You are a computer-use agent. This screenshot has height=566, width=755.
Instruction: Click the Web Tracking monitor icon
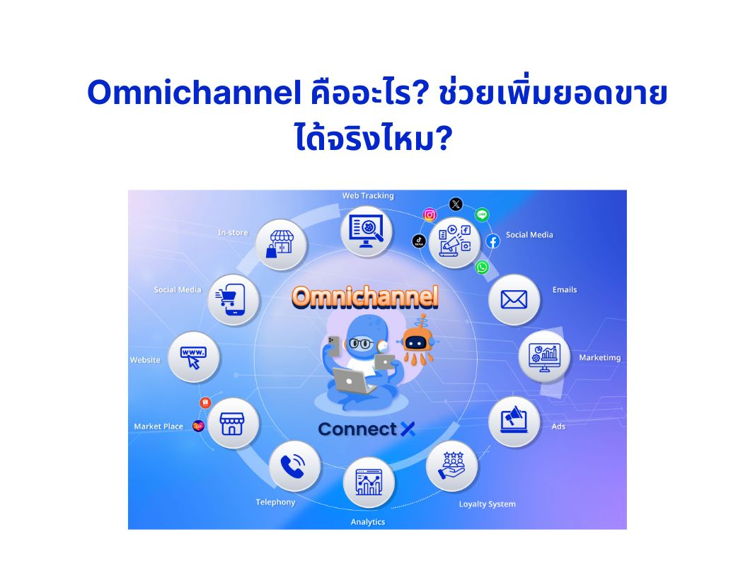point(366,230)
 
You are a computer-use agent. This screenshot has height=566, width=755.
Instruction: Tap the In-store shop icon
point(281,244)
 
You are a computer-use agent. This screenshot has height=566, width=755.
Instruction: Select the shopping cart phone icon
point(234,299)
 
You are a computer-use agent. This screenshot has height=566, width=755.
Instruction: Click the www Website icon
point(195,357)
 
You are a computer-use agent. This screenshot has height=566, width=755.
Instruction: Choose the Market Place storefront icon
point(232,424)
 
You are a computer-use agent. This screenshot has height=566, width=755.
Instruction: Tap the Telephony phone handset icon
point(294,466)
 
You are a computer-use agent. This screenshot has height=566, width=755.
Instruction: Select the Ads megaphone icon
point(514,421)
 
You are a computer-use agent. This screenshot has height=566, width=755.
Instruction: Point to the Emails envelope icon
point(514,299)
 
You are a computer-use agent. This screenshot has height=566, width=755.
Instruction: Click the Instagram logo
point(430,215)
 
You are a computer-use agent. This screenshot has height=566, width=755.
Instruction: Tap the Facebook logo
point(493,241)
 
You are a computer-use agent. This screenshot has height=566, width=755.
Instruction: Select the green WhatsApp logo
point(482,267)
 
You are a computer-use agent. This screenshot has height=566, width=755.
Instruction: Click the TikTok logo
point(419,241)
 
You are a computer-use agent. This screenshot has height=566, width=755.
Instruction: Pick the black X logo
point(456,204)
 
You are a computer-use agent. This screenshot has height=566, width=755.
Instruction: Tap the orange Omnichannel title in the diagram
point(365,297)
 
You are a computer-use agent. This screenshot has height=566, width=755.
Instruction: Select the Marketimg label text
point(599,357)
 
